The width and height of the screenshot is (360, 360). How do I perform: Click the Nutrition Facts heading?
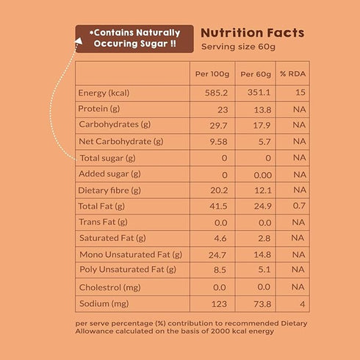tap(252, 33)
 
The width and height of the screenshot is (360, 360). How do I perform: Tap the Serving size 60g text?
tap(239, 48)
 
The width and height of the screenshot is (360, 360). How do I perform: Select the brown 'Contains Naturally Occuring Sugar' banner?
tap(134, 38)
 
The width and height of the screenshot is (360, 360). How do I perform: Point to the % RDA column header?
tap(292, 74)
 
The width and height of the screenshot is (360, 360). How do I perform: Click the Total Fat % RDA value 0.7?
tap(298, 206)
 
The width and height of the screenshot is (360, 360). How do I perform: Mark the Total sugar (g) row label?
tap(107, 158)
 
